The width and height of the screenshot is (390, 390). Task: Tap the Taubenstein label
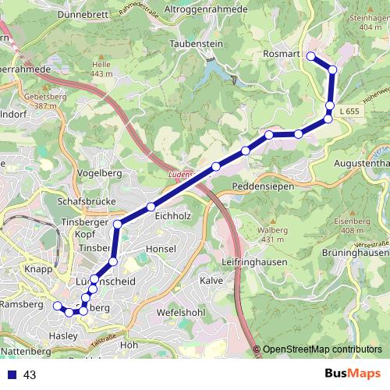click(191, 44)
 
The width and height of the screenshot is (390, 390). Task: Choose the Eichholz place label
click(172, 214)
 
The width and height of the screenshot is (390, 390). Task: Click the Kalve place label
click(211, 280)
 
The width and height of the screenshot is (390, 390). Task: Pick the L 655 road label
click(352, 112)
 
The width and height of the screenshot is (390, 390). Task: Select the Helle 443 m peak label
click(101, 69)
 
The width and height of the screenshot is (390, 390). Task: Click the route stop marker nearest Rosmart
click(310, 55)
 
